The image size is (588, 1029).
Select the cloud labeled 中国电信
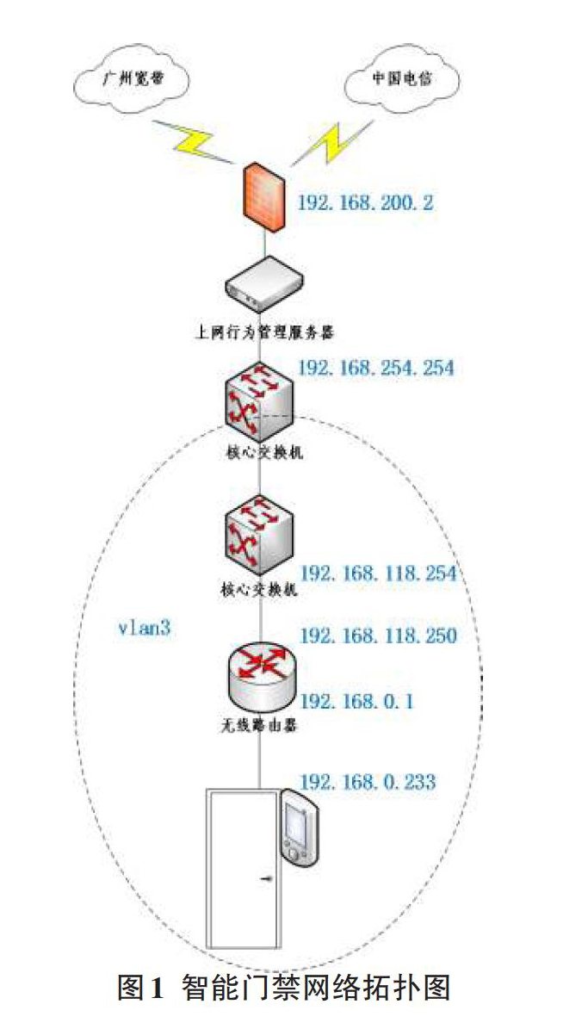(x=402, y=83)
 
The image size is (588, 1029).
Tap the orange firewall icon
(x=263, y=200)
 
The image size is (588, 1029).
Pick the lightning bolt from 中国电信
(x=332, y=140)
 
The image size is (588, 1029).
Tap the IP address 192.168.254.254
(x=376, y=369)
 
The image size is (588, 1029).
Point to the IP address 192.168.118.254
(x=377, y=574)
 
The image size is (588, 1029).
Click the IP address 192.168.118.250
(x=377, y=635)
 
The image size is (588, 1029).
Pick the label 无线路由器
(x=262, y=726)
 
